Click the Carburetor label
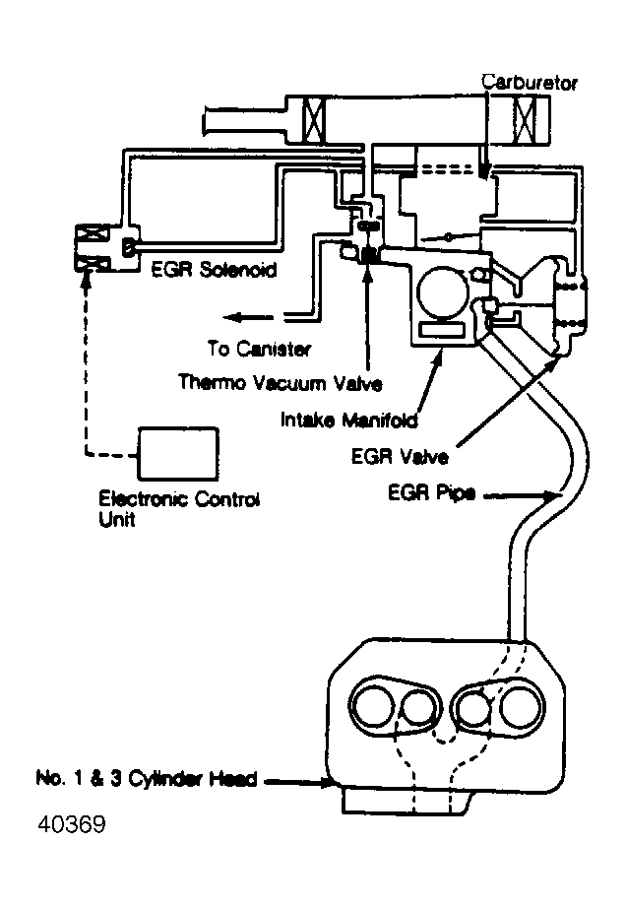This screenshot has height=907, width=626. [x=529, y=83]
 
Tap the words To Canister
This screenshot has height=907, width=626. [x=259, y=349]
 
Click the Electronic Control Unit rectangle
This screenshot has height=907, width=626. [x=178, y=453]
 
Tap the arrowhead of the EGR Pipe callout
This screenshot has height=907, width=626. [x=561, y=497]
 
